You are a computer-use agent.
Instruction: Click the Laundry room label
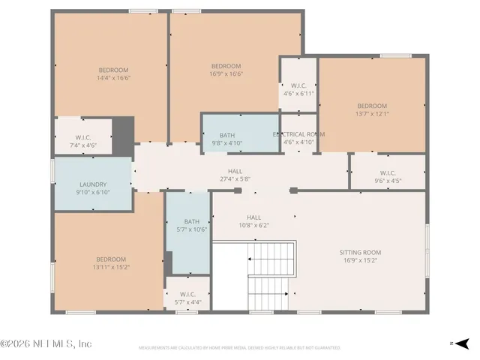93,184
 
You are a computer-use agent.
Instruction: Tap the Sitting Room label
360,253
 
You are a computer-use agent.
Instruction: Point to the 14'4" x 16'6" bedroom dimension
112,78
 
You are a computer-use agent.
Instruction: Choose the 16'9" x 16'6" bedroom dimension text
225,74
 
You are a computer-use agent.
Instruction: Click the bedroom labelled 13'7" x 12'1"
371,109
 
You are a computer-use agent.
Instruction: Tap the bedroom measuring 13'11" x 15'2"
110,262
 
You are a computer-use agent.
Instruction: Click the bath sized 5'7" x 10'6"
192,226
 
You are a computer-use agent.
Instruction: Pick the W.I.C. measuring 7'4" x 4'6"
82,141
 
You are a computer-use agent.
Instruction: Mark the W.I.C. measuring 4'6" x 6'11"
298,90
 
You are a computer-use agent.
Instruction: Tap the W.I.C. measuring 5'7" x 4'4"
187,298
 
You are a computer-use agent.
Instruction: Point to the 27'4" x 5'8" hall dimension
235,179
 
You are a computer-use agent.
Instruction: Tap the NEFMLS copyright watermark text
46,343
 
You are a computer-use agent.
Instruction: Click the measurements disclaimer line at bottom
239,348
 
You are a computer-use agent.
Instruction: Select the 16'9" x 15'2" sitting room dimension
360,260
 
